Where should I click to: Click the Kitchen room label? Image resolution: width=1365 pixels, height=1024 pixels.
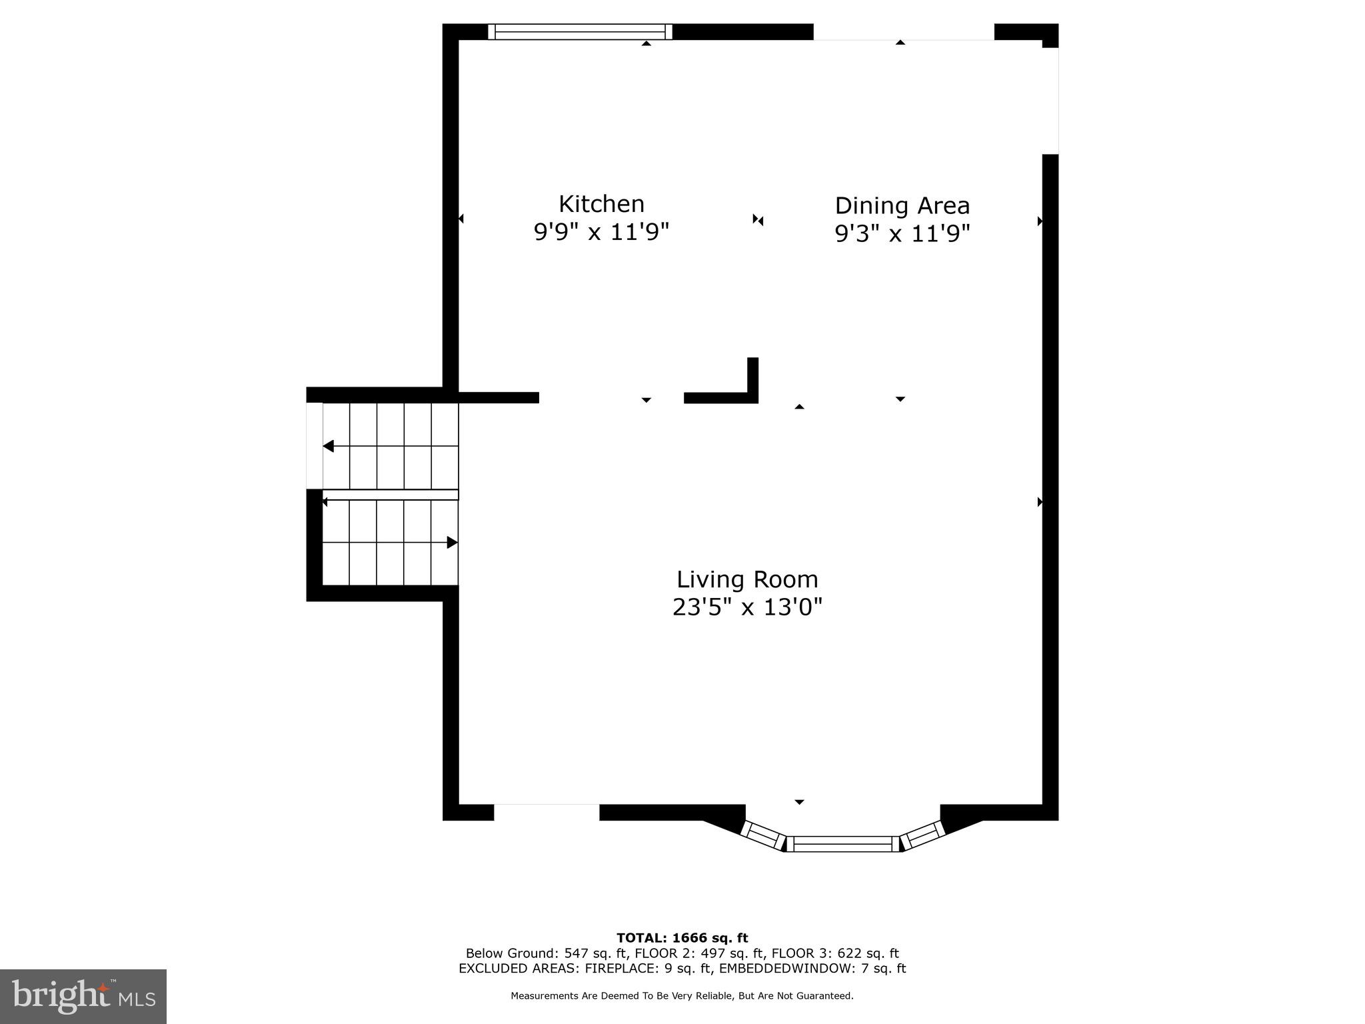601,203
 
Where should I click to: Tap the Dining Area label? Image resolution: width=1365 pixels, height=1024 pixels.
902,205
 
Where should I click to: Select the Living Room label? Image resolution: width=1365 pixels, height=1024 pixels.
747,579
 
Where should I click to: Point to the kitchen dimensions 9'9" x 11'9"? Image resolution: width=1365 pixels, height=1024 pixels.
601,232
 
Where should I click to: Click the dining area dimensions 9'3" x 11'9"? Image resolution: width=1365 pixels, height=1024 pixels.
902,233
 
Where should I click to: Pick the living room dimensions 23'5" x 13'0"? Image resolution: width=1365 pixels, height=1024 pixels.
747,607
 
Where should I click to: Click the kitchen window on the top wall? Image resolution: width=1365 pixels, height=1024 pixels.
580,31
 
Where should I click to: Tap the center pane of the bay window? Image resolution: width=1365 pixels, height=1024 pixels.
842,844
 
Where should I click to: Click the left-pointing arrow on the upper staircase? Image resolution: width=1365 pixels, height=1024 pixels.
329,446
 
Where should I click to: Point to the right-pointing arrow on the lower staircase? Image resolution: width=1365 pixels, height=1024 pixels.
452,543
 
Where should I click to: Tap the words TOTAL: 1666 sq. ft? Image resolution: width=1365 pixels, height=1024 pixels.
682,938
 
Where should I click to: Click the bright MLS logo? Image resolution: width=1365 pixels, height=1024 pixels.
83,996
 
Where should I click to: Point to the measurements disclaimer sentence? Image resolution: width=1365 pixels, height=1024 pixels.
682,996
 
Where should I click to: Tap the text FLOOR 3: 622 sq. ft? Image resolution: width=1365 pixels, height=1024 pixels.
835,953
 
